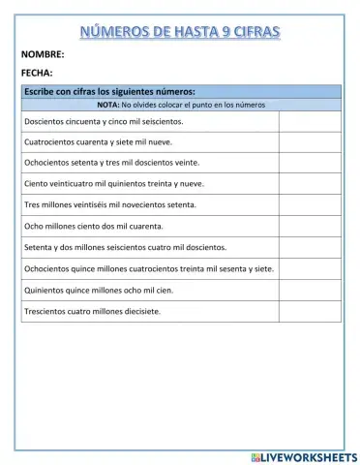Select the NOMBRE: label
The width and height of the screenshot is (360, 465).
[x=42, y=55]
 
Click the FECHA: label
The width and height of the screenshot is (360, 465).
[x=37, y=73]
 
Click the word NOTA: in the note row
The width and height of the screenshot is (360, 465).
[x=108, y=104]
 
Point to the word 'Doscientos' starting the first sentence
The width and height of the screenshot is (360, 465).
[x=44, y=122]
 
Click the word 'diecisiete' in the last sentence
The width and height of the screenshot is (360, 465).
[x=140, y=311]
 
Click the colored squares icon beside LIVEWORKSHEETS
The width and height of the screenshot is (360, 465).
[x=255, y=455]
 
